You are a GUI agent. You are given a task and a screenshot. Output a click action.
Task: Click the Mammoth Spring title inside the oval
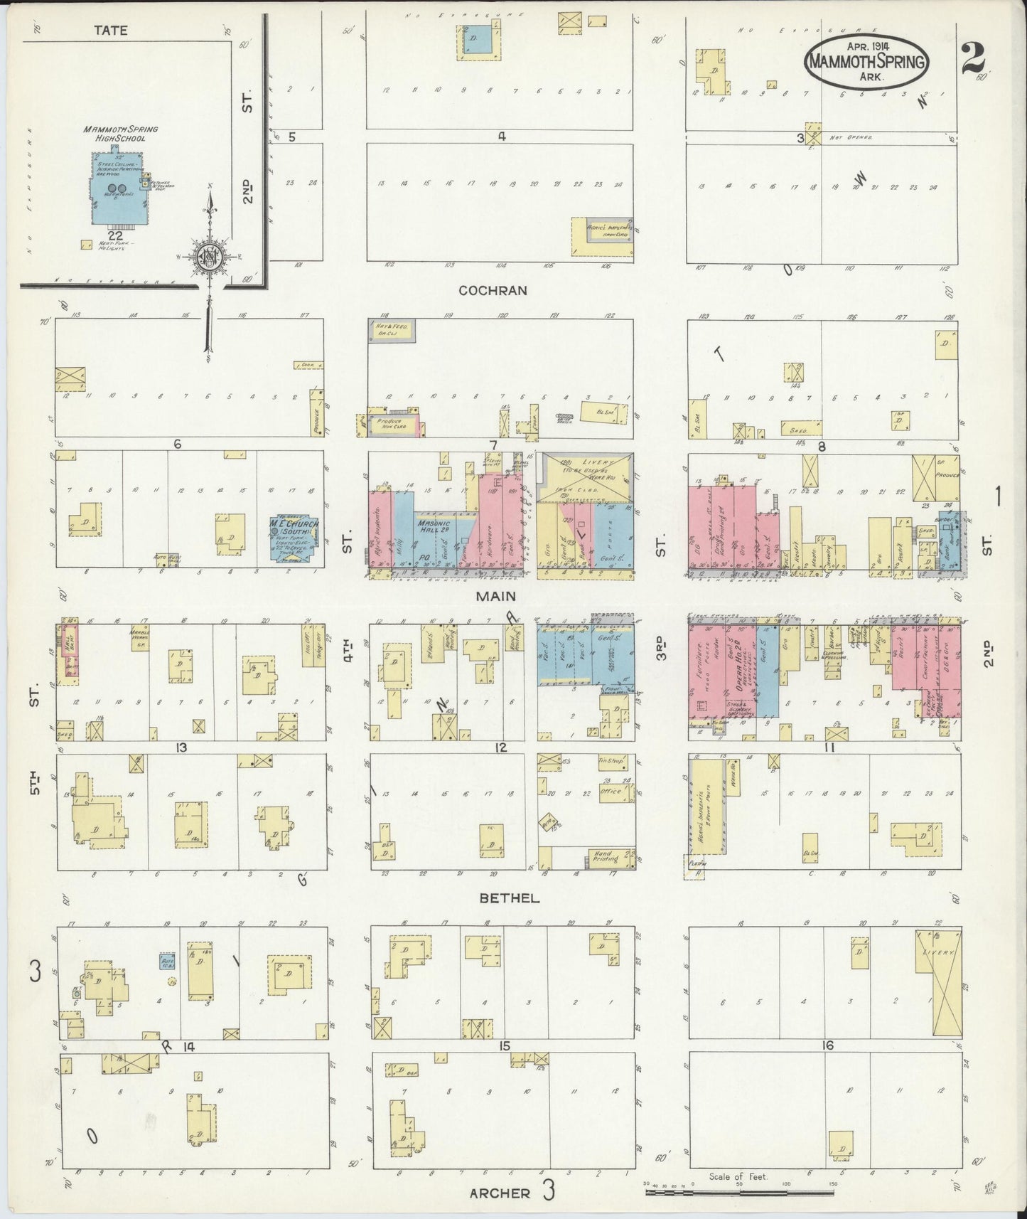pyautogui.click(x=866, y=61)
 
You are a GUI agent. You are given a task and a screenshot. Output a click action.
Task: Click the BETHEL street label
pyautogui.click(x=509, y=898)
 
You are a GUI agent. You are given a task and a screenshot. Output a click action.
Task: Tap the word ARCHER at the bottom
pyautogui.click(x=500, y=1193)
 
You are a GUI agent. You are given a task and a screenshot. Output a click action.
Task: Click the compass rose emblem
pyautogui.click(x=210, y=257)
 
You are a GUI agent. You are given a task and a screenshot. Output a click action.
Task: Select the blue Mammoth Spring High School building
pyautogui.click(x=117, y=187)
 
